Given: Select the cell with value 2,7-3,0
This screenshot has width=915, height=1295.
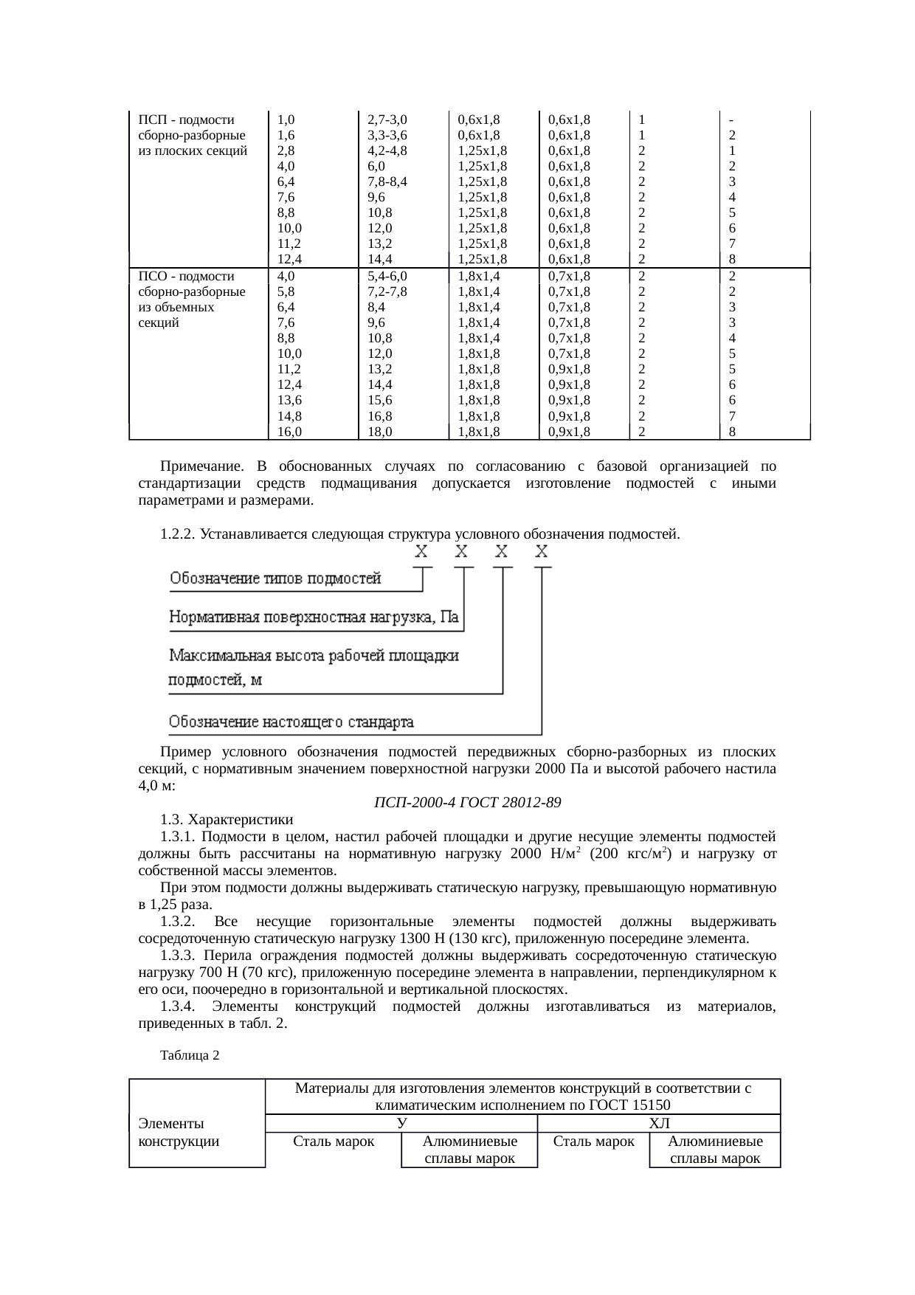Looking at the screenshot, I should coord(387,120).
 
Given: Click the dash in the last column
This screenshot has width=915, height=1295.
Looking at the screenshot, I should coord(731,120).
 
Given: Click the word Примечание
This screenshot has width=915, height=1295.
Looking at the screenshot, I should coord(202,466).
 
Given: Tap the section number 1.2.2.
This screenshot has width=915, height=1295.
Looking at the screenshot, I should coord(177,533).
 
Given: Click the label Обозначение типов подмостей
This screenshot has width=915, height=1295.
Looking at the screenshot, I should coord(276,579).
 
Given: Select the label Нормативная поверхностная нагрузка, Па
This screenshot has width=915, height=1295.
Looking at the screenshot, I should coord(314,618).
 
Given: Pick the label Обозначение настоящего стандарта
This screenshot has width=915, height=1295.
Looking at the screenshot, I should coord(291,722).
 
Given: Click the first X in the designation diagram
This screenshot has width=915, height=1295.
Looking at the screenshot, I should coord(421,552).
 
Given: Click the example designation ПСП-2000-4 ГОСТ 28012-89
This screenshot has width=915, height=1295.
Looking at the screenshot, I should coord(467,802).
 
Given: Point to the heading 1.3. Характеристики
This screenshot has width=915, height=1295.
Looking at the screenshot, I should coord(227,819).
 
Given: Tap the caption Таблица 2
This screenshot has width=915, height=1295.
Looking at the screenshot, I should coord(190,1055).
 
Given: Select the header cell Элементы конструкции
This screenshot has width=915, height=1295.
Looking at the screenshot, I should coord(179,1132).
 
